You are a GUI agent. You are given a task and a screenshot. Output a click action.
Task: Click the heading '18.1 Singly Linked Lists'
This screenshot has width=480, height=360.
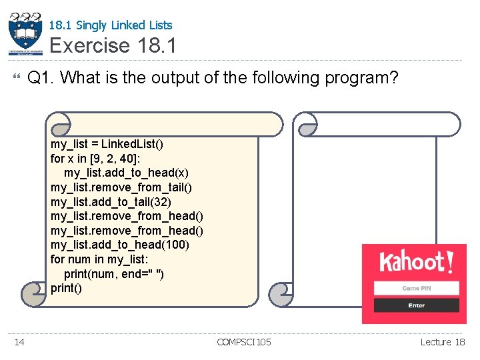pos(111,25)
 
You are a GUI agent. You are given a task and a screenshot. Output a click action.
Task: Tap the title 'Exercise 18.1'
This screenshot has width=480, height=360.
pos(113,46)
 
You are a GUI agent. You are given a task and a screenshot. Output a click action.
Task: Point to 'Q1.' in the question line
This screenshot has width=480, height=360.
pos(41,78)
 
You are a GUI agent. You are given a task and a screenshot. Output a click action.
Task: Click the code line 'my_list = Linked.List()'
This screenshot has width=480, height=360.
pos(107,144)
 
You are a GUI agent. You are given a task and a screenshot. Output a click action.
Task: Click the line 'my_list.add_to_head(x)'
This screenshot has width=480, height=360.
pos(126,173)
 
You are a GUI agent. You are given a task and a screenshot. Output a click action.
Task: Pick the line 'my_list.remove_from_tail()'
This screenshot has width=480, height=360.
pos(121,187)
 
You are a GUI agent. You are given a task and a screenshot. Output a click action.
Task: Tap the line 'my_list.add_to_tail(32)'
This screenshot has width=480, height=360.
pos(111,202)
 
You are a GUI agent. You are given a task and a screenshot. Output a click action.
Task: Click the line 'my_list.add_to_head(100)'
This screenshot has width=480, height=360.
pos(119,245)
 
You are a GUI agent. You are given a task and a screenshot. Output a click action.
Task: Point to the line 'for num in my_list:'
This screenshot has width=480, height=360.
pos(99,259)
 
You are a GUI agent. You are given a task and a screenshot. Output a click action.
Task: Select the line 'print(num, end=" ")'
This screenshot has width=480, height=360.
pos(115,274)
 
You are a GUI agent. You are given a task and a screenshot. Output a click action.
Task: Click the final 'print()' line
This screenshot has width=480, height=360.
pos(66,288)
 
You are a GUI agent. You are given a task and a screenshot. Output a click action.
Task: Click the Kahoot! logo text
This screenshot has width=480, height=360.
pos(415,261)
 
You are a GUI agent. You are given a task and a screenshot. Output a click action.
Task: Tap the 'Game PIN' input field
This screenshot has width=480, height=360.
pos(416,288)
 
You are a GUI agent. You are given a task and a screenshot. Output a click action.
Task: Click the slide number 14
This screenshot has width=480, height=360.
pos(19,342)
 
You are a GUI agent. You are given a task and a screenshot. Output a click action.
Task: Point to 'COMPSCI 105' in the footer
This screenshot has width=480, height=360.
pos(244,342)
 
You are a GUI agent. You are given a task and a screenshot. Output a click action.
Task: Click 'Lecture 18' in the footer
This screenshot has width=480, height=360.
pos(443,342)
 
